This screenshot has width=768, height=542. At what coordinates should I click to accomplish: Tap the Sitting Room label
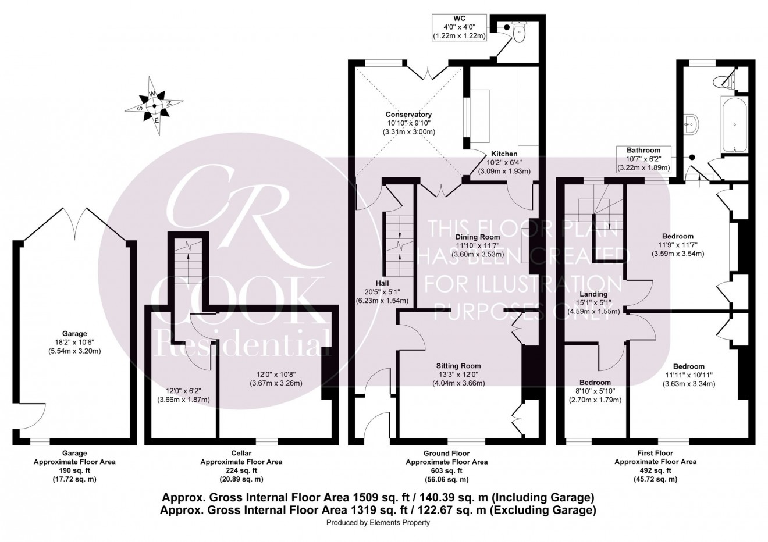click(458, 366)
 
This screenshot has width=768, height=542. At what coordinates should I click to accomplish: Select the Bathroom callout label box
click(643, 159)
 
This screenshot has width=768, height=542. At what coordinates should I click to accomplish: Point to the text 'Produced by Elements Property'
click(378, 523)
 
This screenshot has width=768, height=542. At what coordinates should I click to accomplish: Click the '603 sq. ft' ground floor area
click(446, 470)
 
